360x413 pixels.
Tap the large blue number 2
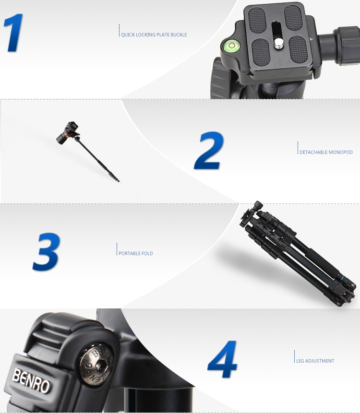coord(209,151)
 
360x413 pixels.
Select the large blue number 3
coord(47,251)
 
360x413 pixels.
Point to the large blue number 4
coord(222,359)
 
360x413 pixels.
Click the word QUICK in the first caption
coord(128,35)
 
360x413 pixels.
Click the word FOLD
coord(147,253)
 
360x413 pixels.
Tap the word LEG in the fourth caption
coord(300,361)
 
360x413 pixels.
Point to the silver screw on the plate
coord(278,44)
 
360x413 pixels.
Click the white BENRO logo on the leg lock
coord(31,380)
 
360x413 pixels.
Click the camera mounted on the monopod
coord(68,132)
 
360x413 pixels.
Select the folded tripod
coord(297,253)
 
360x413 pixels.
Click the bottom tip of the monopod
coord(119,181)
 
